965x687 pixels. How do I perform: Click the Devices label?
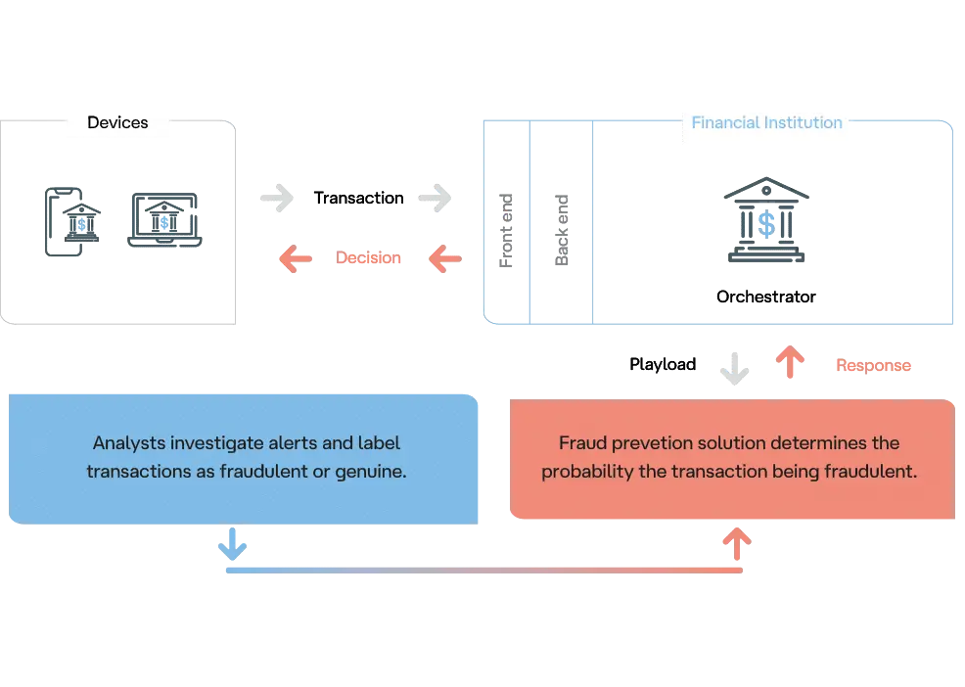coord(117,123)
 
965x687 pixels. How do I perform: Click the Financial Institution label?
coord(766,123)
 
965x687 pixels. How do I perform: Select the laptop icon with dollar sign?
coord(165,221)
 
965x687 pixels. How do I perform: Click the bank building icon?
coord(766,223)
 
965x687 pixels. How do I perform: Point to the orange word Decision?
coord(370,259)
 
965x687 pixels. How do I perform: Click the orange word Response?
coord(873,367)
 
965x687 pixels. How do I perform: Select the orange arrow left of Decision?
coord(295,259)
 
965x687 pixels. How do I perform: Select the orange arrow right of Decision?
coord(445,259)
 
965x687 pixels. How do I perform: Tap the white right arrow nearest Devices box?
coord(278,198)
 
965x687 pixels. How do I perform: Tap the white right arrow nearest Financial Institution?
coord(436,198)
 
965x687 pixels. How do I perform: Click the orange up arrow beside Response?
coord(791,363)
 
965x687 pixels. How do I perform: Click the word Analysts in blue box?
coord(125,443)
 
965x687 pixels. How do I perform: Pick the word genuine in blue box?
coord(371,471)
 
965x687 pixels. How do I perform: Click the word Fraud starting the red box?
coord(581,443)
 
